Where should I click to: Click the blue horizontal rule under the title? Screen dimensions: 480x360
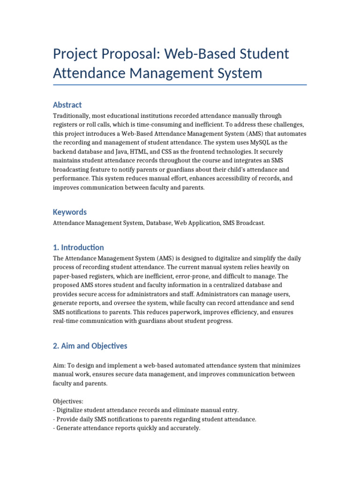180,85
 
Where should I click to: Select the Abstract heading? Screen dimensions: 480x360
67,105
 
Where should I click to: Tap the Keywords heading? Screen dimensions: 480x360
69,212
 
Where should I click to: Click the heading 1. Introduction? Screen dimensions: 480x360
78,247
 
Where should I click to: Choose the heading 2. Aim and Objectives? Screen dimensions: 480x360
90,346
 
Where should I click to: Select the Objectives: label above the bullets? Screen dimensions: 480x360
68,402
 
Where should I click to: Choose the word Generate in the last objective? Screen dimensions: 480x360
70,428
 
